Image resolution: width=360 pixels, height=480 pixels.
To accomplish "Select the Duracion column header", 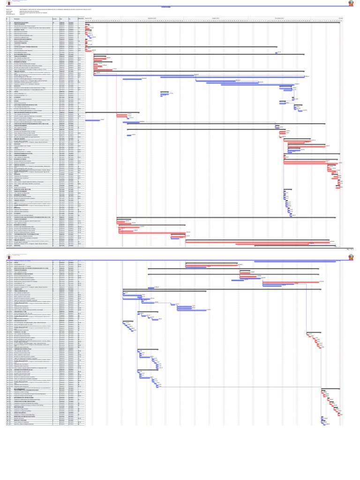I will pyautogui.click(x=54, y=18).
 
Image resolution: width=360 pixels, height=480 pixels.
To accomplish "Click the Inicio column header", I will pyautogui.click(x=61, y=18).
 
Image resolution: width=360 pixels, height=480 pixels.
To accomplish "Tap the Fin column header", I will pyautogui.click(x=70, y=18).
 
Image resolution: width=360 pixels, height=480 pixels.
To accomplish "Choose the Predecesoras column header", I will pyautogui.click(x=81, y=18).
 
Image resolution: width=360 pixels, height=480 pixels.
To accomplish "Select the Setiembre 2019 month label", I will pyautogui.click(x=152, y=18).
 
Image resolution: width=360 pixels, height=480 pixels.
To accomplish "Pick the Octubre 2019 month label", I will pyautogui.click(x=216, y=18).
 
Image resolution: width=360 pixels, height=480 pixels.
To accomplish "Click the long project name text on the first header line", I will pyautogui.click(x=70, y=9).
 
